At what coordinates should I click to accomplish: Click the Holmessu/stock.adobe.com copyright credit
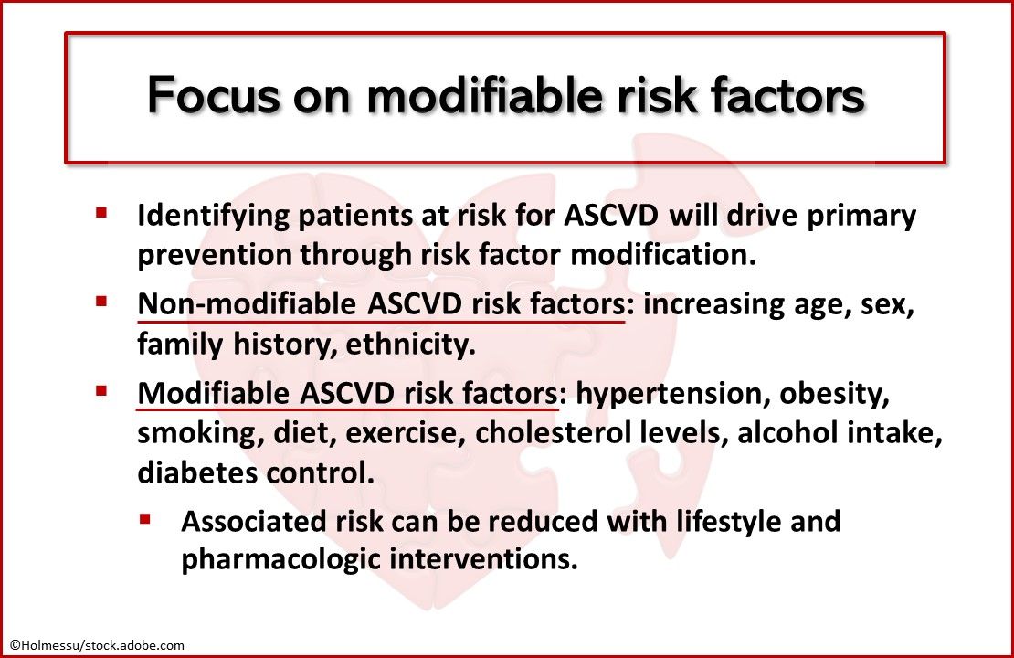[x=97, y=645]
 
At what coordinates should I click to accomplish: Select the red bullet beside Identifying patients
[x=101, y=213]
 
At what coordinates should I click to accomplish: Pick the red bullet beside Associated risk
[x=145, y=518]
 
